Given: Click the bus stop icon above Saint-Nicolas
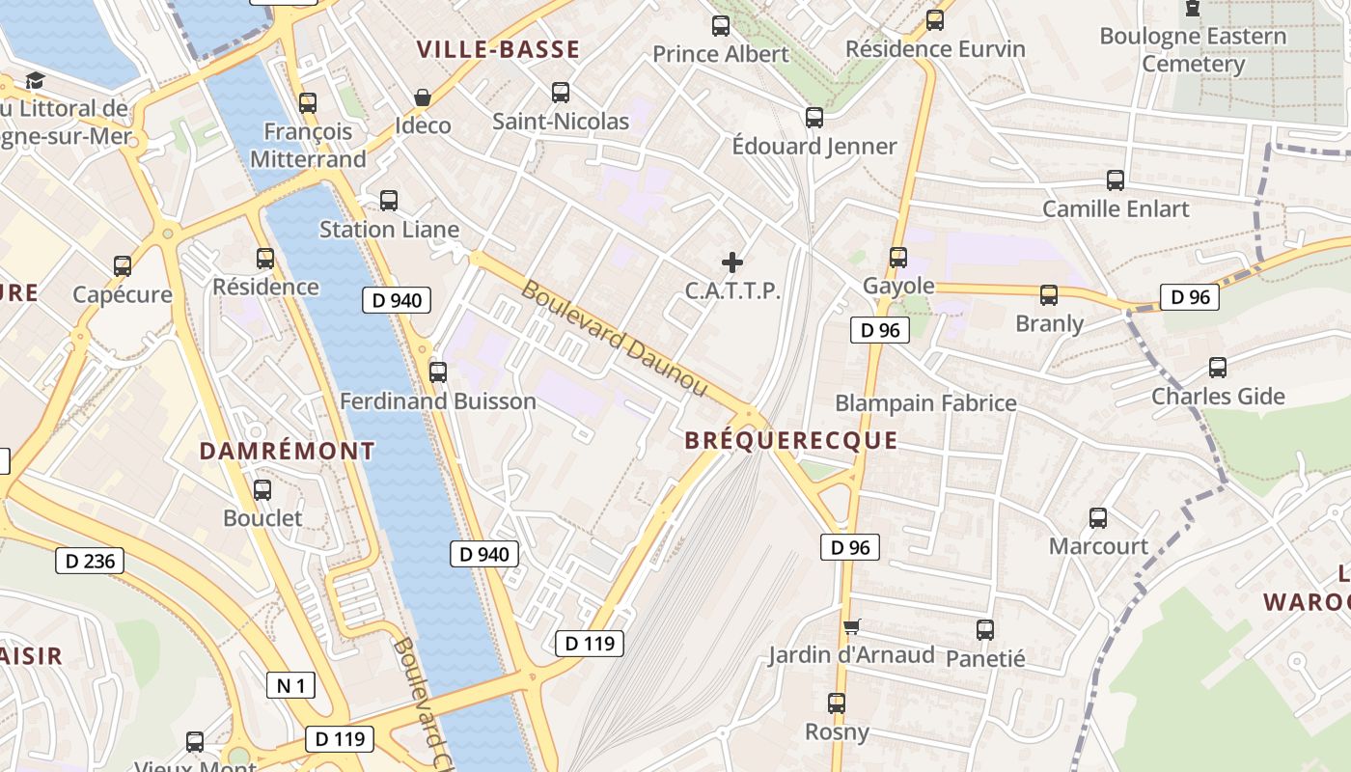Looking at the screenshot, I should [x=560, y=93].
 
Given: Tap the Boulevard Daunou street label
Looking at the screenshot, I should [x=616, y=339].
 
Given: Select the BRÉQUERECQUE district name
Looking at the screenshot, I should [x=790, y=441].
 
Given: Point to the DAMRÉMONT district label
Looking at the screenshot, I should [x=287, y=451].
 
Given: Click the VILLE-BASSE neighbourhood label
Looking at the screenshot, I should [x=498, y=49].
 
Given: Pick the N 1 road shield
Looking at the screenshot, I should [x=290, y=686].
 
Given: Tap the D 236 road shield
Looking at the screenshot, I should [x=90, y=561].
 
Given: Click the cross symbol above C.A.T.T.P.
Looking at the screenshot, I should [x=732, y=262].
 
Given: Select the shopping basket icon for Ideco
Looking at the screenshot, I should [x=423, y=97].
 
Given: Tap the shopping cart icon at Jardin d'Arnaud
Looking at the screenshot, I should [x=851, y=627].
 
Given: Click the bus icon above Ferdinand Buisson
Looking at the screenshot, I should [x=438, y=372].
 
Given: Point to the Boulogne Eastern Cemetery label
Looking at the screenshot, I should [x=1193, y=50].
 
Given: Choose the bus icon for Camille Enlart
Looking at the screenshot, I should [x=1116, y=179].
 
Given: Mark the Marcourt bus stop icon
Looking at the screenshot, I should [x=1098, y=518].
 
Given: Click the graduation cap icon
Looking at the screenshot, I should [x=36, y=80].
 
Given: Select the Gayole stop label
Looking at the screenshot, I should [x=898, y=286].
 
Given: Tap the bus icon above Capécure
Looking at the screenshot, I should [x=123, y=265].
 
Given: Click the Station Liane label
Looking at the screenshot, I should [x=389, y=230].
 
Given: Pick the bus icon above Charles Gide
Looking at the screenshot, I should [x=1218, y=368].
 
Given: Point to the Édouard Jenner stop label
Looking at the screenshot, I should [x=814, y=147].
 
